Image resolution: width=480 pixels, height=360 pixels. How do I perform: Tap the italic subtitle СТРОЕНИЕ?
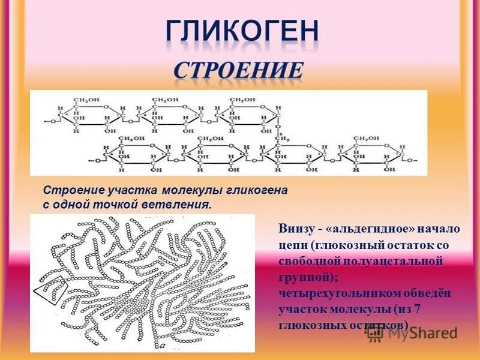coord(239,70)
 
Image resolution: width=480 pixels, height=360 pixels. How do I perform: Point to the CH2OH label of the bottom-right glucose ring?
coord(365,138)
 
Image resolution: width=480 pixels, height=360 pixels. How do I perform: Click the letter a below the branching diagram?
coord(161,346)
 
